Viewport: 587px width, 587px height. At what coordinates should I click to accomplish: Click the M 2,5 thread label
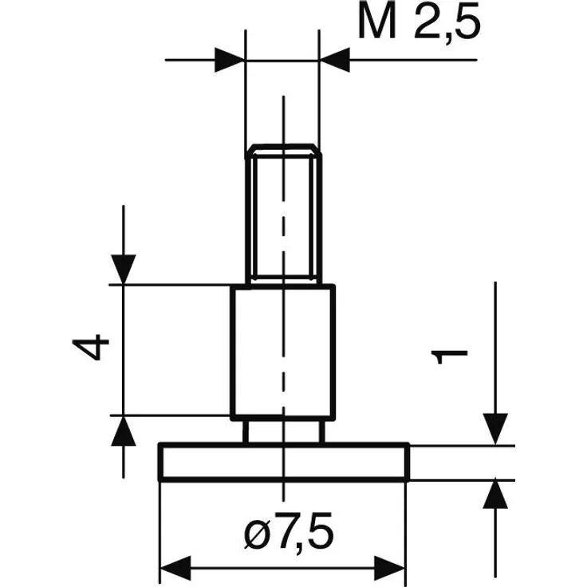click(419, 22)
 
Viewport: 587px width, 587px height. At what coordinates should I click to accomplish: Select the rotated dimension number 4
click(91, 348)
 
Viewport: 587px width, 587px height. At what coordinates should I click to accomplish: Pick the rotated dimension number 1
click(449, 357)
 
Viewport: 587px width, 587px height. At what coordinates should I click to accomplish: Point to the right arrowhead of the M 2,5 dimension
click(335, 60)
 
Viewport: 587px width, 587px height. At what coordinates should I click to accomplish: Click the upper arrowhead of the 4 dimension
click(123, 270)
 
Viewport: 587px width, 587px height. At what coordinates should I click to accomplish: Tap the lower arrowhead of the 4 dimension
click(123, 431)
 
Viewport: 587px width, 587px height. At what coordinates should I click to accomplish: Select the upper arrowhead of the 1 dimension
click(495, 429)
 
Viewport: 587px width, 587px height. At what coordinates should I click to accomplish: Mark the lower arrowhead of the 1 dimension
click(495, 495)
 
